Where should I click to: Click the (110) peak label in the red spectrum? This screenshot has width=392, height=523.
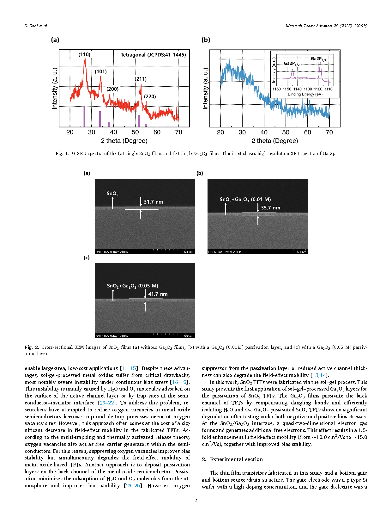84,54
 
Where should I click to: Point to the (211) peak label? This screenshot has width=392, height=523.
141,79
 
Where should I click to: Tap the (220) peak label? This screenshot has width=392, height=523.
150,96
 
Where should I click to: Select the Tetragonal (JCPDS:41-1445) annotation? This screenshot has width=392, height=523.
153,55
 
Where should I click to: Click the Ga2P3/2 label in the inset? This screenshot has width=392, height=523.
318,59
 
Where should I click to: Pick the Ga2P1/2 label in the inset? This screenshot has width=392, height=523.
292,64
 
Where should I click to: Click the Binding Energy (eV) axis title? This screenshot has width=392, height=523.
305,94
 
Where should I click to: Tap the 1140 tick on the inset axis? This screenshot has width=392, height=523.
297,89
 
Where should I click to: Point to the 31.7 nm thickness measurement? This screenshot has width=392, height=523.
154,202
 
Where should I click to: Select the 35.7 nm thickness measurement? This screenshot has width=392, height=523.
270,208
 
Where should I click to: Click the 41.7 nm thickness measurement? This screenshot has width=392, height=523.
158,294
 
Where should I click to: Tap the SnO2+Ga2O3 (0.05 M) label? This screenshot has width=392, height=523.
132,286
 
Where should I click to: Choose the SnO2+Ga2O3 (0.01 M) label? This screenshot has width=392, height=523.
245,200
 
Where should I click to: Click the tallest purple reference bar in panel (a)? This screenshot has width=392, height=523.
84,116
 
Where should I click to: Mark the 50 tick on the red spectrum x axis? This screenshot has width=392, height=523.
135,132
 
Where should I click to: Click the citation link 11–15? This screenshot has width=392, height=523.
129,368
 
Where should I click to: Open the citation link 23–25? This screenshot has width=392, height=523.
133,486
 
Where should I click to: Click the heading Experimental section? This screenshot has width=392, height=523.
236,459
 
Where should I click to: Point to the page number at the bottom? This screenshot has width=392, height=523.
196,501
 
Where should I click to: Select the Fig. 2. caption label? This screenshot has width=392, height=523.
32,347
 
